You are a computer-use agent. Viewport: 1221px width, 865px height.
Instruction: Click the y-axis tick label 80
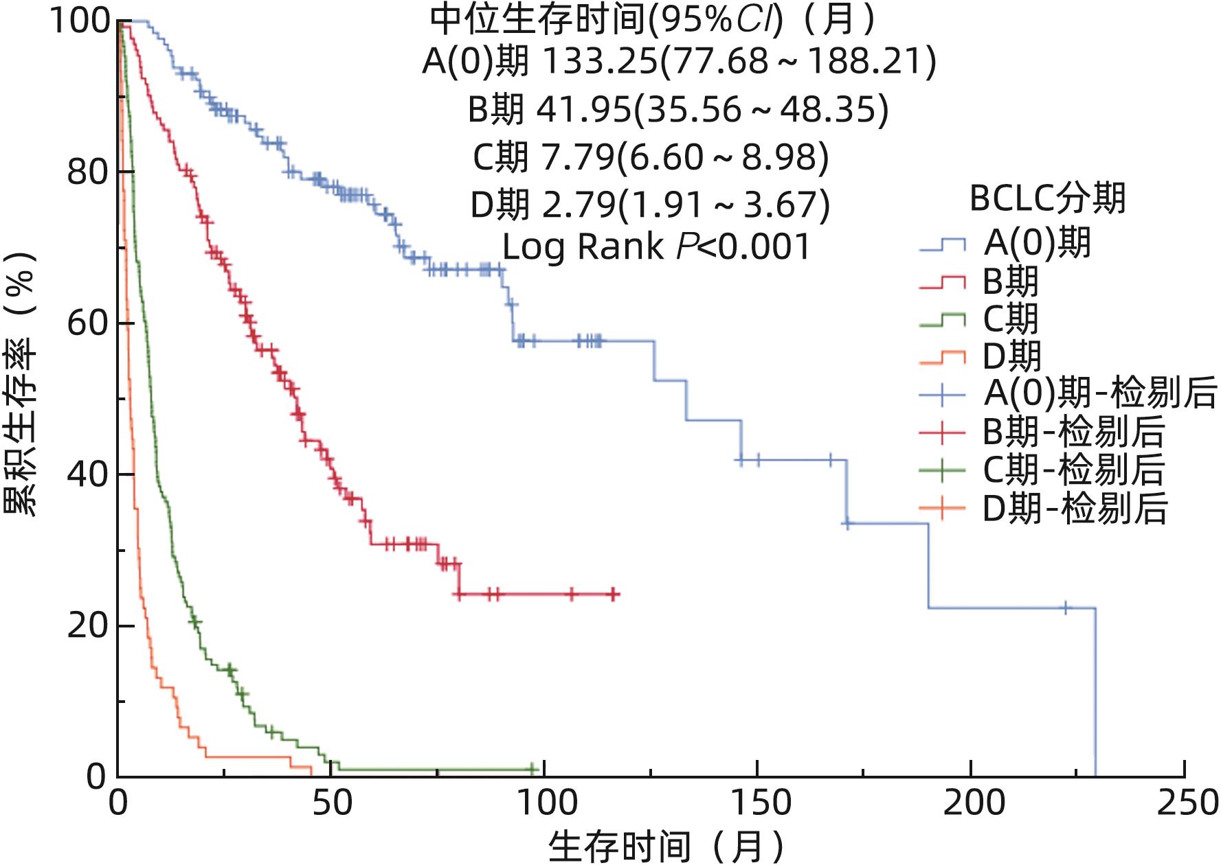pos(88,172)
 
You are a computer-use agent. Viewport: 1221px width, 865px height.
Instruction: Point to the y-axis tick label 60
pos(88,323)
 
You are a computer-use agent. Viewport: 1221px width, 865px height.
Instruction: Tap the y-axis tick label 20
pos(88,626)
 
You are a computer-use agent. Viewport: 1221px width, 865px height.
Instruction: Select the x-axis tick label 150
pos(757,803)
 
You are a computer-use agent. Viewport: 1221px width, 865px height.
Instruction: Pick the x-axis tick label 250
pos(1185,803)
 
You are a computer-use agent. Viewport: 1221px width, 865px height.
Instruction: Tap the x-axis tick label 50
pos(331,803)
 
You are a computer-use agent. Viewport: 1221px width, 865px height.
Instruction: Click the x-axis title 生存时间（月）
pos(666,845)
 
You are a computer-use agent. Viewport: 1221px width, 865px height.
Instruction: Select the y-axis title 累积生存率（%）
pos(21,384)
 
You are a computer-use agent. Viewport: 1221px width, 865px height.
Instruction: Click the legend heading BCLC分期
pos(1047,198)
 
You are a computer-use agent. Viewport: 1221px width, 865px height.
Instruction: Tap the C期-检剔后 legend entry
pos(1042,470)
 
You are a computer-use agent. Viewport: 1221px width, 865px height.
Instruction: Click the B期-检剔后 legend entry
pos(1042,432)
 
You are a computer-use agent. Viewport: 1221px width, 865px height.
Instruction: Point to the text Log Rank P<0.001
pos(656,247)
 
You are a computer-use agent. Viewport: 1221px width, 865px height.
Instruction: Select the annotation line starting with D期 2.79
pos(650,205)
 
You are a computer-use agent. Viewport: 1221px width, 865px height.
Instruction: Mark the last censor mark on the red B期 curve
pos(614,594)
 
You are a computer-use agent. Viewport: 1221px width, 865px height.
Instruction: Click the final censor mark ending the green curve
pos(533,769)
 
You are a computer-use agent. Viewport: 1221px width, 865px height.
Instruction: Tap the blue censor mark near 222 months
pos(1065,608)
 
